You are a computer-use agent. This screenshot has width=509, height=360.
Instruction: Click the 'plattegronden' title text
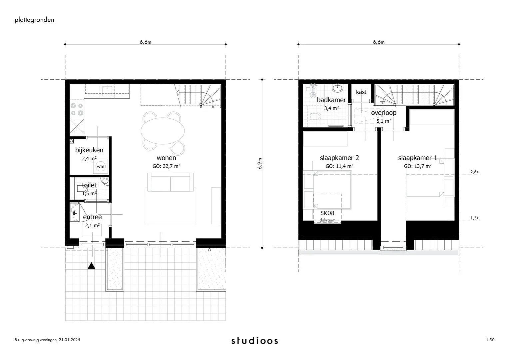(34, 20)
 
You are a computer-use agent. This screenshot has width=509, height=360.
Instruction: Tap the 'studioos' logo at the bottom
(255, 341)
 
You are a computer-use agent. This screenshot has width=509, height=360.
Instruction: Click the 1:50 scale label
(490, 340)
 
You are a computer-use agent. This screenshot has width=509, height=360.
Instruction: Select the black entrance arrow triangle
(92, 266)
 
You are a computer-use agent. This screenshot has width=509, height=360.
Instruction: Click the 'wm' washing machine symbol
(100, 166)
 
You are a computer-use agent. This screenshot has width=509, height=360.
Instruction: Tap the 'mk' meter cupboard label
(74, 211)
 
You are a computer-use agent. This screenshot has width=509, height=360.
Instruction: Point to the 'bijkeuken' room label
(89, 150)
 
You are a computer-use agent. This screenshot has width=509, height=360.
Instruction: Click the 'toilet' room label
(89, 185)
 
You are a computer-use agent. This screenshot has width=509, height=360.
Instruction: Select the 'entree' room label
(92, 217)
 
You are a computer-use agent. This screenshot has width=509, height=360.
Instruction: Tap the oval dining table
(163, 130)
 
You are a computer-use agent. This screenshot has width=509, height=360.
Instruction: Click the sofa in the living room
(171, 182)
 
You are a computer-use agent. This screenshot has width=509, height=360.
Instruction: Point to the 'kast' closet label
(361, 92)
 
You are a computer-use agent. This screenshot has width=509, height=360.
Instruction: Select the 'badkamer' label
(331, 100)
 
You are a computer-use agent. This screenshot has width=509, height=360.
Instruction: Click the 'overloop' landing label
(384, 113)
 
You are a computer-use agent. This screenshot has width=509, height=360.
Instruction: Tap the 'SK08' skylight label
(327, 213)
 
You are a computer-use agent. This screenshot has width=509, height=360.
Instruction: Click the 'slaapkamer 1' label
(417, 158)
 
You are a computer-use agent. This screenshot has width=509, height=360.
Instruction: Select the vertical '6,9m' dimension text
(260, 163)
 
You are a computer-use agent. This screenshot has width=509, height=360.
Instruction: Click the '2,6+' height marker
(474, 172)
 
